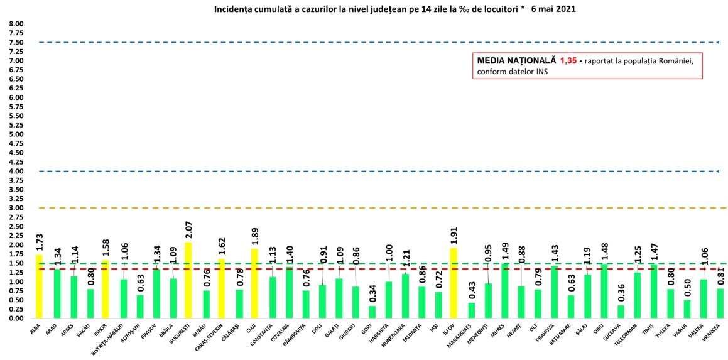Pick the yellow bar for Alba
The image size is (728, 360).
pyautogui.click(x=40, y=286)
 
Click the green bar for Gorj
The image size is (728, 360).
pyautogui.click(x=372, y=312)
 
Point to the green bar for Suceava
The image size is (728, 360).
pyautogui.click(x=621, y=312)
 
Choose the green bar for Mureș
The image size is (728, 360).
pyautogui.click(x=504, y=291)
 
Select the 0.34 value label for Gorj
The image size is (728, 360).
pyautogui.click(x=372, y=294)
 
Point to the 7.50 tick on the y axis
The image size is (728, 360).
pyautogui.click(x=16, y=43)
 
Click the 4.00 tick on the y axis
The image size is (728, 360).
pyautogui.click(x=16, y=172)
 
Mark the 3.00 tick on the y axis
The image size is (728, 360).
pyautogui.click(x=16, y=208)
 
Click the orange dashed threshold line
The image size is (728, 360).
pyautogui.click(x=377, y=208)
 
